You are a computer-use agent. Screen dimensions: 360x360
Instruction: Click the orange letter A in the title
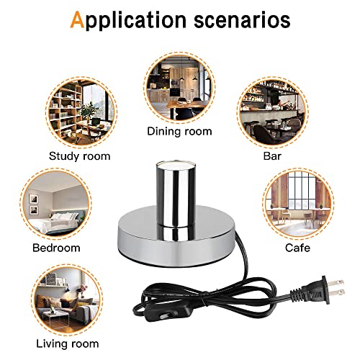(77, 19)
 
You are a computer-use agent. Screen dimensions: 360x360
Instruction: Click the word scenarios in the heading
(242, 20)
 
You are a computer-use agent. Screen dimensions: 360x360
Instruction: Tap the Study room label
(80, 156)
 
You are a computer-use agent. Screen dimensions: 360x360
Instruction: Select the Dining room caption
(179, 131)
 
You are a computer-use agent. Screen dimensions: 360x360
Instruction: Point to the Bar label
(272, 156)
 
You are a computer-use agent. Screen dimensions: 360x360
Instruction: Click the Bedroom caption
(56, 248)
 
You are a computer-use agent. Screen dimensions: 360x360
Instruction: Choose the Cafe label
(297, 248)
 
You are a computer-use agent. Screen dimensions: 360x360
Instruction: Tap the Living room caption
(68, 343)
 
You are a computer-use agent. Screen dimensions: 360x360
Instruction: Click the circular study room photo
(81, 112)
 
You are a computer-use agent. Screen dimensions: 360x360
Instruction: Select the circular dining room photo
(180, 87)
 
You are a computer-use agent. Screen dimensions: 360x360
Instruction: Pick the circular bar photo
(273, 112)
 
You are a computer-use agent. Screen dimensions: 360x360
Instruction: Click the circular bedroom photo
(55, 204)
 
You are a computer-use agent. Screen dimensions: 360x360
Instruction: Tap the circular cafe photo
(298, 204)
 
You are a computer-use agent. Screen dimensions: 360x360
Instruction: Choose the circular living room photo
(67, 300)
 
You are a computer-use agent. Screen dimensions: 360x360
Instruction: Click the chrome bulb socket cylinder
(176, 194)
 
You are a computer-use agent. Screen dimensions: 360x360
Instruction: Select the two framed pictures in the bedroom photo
(33, 204)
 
